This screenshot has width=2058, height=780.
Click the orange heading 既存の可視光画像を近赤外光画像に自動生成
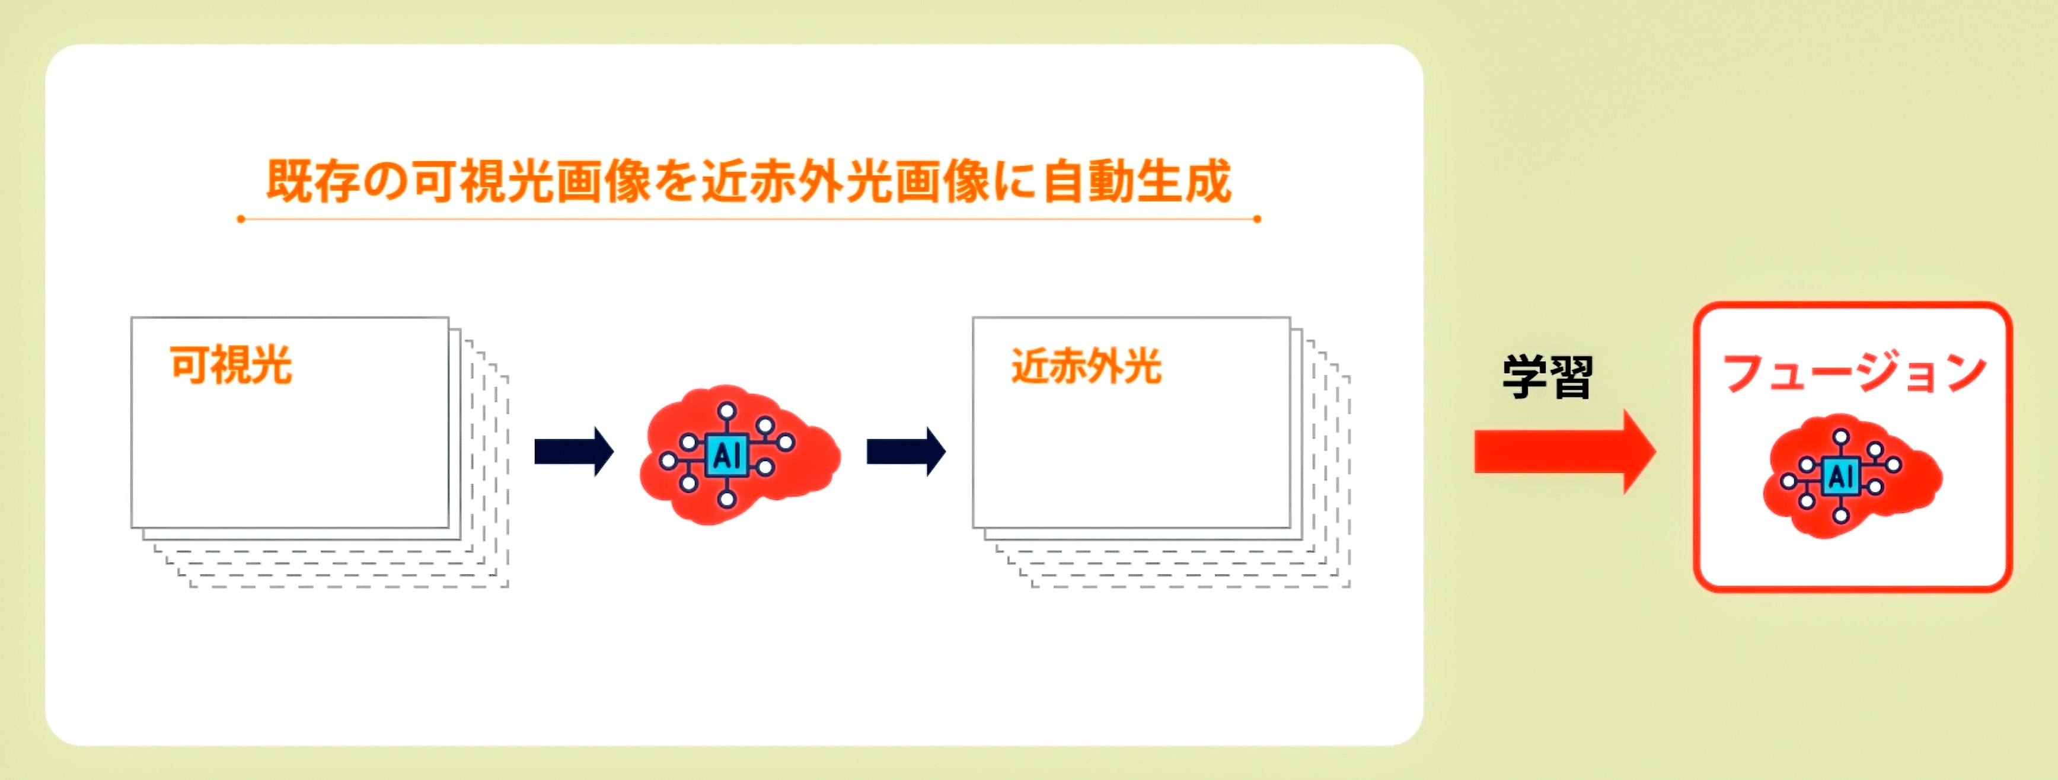pyautogui.click(x=749, y=181)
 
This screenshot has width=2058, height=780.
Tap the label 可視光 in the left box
pyautogui.click(x=232, y=366)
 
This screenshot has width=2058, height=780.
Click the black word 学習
pyautogui.click(x=1548, y=377)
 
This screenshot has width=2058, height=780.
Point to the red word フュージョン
pyautogui.click(x=1853, y=372)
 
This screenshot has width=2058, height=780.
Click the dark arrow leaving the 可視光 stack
pyautogui.click(x=573, y=452)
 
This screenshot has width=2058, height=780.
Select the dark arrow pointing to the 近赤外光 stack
pyautogui.click(x=906, y=452)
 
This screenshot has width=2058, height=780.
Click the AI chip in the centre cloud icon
pyautogui.click(x=726, y=456)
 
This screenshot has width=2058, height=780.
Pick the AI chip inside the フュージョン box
pyautogui.click(x=1840, y=477)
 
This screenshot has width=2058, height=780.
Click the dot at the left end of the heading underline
pyautogui.click(x=241, y=219)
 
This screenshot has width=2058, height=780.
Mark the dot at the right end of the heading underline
pyautogui.click(x=1257, y=219)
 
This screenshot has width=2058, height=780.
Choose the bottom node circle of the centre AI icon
pyautogui.click(x=726, y=500)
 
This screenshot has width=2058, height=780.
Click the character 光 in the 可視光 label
pyautogui.click(x=272, y=366)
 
